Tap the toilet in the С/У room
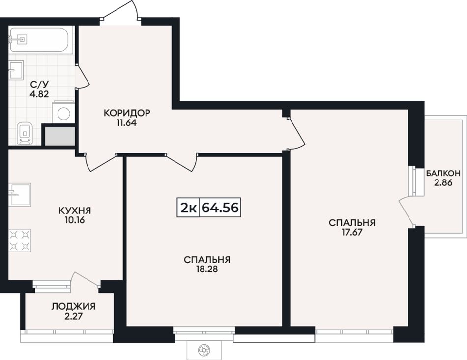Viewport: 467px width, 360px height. (x=25, y=133)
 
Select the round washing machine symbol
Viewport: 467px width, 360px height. (x=64, y=113)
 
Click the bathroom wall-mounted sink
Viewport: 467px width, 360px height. (x=16, y=70)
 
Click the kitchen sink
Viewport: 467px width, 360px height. (x=20, y=195)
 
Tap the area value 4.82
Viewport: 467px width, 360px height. (x=39, y=94)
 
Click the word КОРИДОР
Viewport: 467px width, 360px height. (x=127, y=113)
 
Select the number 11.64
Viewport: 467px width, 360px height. (x=126, y=123)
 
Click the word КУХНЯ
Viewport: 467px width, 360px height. (x=75, y=210)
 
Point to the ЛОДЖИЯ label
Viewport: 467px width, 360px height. (x=74, y=306)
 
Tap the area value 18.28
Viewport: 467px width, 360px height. (x=207, y=269)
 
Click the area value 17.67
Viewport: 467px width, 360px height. (x=352, y=232)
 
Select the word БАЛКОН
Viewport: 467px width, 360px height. (x=443, y=173)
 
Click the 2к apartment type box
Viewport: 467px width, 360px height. (x=188, y=208)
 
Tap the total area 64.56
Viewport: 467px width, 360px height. (x=220, y=208)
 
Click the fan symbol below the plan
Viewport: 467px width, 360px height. (x=204, y=349)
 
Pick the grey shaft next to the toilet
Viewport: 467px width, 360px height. (x=59, y=137)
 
